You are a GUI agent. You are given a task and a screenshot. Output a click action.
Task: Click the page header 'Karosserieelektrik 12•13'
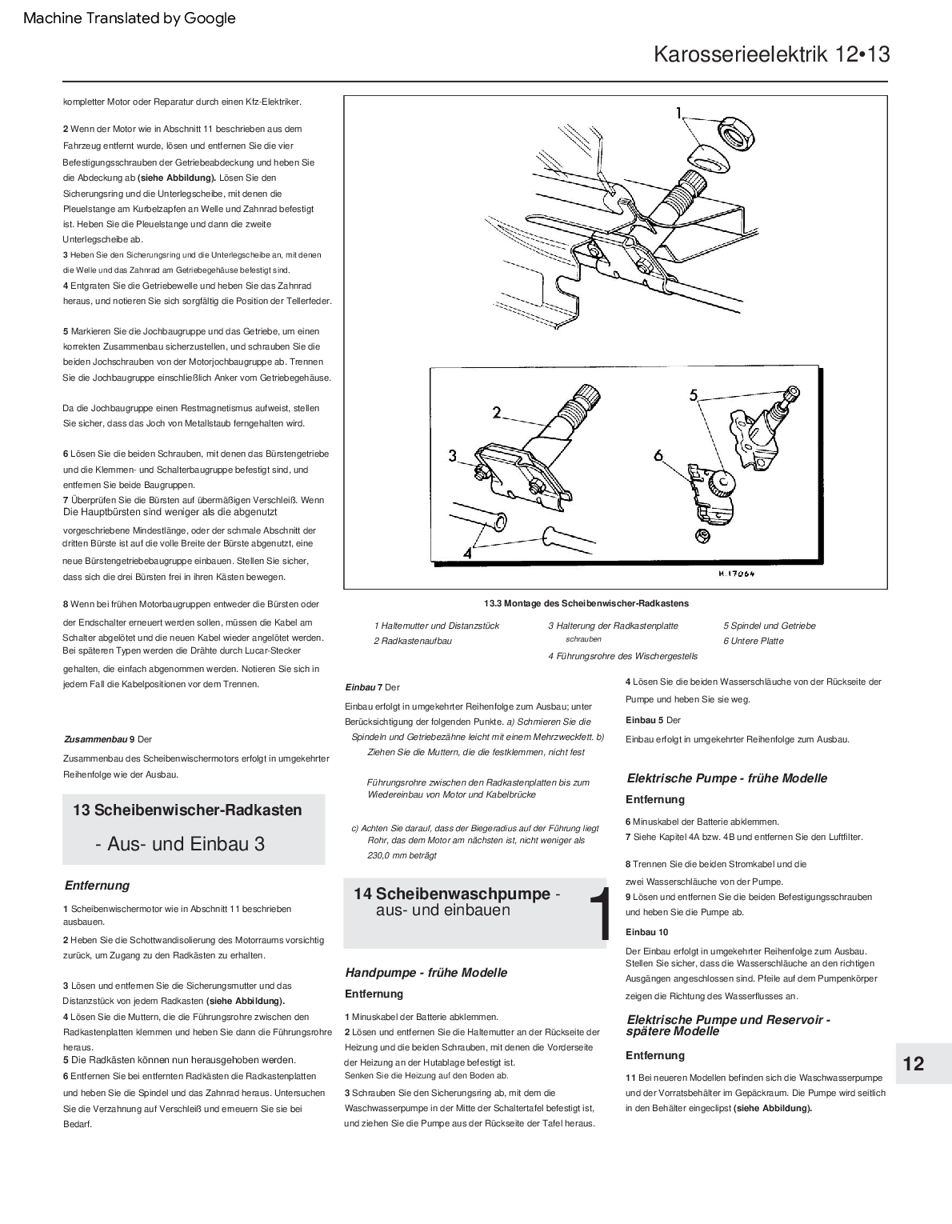(x=771, y=54)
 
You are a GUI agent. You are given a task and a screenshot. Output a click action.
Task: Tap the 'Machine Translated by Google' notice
(x=130, y=18)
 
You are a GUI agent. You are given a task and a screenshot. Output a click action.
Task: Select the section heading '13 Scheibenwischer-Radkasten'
(x=187, y=810)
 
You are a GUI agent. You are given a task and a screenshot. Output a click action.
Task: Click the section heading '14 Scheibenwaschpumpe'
(x=452, y=894)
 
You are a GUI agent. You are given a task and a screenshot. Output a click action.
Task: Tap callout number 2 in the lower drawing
(x=496, y=413)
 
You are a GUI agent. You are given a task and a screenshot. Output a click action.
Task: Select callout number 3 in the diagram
(x=453, y=456)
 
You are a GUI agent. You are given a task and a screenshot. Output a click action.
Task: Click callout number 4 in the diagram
(x=466, y=552)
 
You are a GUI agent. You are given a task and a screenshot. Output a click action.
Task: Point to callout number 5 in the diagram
(x=694, y=394)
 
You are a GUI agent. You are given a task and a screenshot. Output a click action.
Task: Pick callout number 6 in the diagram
(x=658, y=455)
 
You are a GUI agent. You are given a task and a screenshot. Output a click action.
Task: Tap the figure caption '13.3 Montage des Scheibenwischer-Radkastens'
(x=586, y=603)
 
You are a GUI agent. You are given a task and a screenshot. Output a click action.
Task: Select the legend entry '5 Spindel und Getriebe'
(x=770, y=626)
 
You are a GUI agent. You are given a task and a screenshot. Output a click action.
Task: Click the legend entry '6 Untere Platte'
(x=754, y=641)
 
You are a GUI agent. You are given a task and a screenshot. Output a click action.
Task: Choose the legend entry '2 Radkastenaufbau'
(x=413, y=641)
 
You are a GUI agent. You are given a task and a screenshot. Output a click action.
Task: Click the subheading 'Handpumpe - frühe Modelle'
(x=426, y=973)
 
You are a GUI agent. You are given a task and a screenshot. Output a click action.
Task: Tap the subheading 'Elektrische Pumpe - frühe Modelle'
(x=726, y=778)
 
